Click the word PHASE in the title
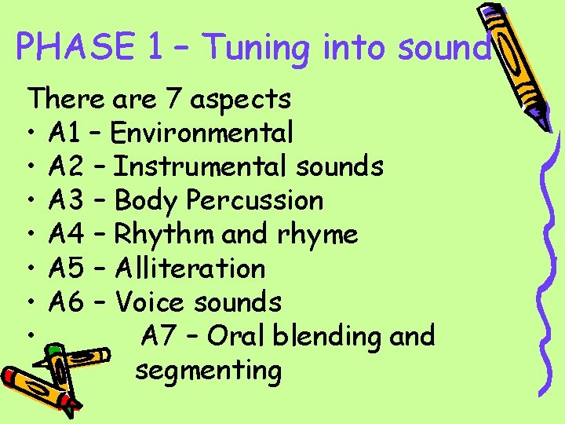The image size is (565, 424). pyautogui.click(x=76, y=48)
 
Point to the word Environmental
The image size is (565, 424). pyautogui.click(x=202, y=133)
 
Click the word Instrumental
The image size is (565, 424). pyautogui.click(x=202, y=166)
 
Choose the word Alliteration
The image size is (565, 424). pyautogui.click(x=190, y=268)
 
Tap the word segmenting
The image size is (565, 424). pyautogui.click(x=208, y=370)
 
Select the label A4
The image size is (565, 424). pyautogui.click(x=66, y=234)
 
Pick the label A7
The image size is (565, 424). pyautogui.click(x=161, y=335)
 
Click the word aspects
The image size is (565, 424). pyautogui.click(x=241, y=100)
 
